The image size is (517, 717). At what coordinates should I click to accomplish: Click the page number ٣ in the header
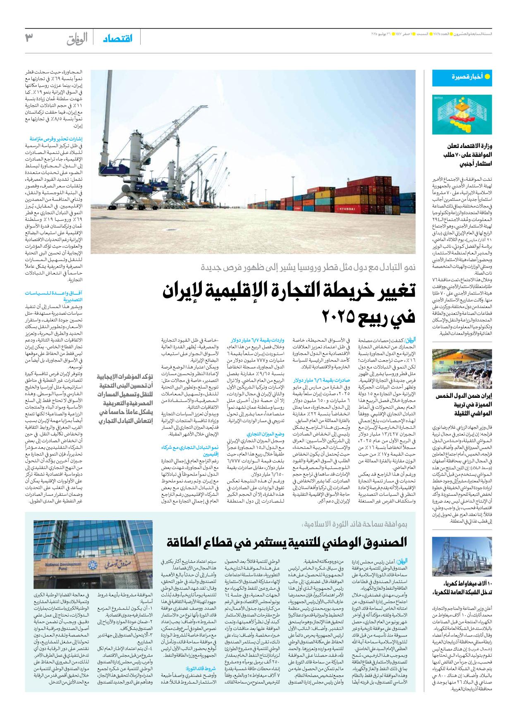[x=29, y=38]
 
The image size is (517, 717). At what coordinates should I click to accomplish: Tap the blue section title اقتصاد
[x=117, y=38]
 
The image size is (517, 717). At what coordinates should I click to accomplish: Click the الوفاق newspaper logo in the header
[x=77, y=39]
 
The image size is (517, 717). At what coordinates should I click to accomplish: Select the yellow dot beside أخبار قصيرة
[x=487, y=76]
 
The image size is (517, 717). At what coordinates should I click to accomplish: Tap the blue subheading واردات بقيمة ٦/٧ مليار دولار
[x=257, y=340]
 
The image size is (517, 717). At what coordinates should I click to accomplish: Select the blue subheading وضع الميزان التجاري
[x=266, y=434]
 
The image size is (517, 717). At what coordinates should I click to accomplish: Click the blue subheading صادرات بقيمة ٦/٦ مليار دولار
[x=322, y=380]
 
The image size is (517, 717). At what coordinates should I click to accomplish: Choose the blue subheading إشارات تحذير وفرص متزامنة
[x=56, y=139]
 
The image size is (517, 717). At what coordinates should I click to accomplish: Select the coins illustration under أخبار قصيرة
[x=462, y=115]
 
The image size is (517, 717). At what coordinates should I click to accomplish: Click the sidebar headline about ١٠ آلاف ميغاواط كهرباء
[x=462, y=588]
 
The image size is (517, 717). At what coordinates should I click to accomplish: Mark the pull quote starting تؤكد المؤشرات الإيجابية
[x=125, y=399]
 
